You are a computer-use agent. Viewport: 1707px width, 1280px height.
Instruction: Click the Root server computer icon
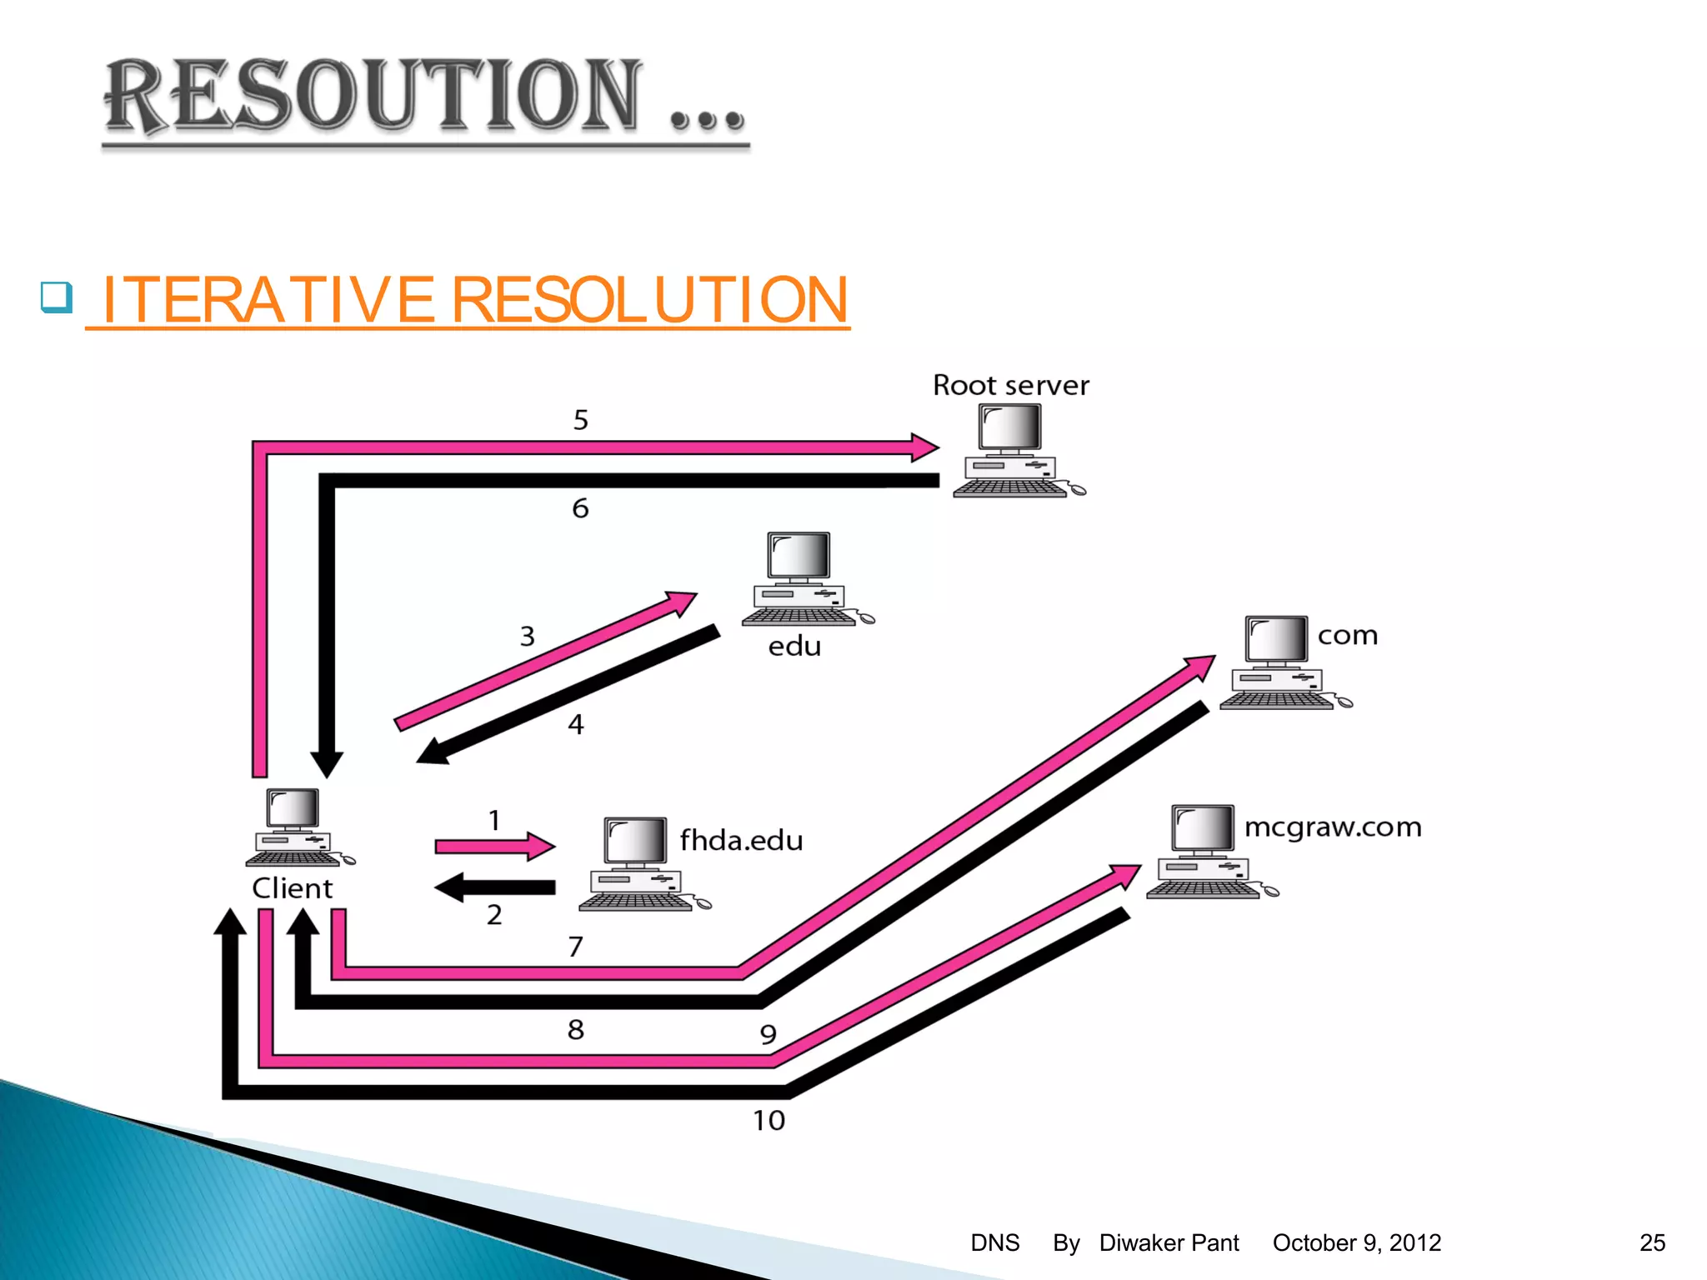click(x=1014, y=451)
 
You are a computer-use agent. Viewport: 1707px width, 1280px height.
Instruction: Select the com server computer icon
click(x=1279, y=662)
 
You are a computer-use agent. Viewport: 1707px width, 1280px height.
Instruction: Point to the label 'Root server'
click(x=1010, y=385)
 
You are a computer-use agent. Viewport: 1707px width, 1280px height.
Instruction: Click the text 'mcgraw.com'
click(x=1332, y=827)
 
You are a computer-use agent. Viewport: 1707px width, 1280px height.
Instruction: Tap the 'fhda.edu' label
click(x=740, y=840)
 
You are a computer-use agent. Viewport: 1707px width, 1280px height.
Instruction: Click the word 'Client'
click(x=292, y=888)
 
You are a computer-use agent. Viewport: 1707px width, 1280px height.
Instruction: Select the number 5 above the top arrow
click(x=580, y=420)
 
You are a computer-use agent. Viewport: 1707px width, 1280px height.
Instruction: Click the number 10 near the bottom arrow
click(x=768, y=1121)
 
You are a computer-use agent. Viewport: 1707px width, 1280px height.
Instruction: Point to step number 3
click(x=527, y=637)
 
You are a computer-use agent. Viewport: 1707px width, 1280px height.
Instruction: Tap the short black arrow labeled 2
click(x=495, y=887)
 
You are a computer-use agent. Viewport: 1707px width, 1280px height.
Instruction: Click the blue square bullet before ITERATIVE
click(x=57, y=297)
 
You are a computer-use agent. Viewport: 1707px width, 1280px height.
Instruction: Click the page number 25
click(x=1652, y=1242)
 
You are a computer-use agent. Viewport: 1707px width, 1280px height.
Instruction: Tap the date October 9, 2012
click(x=1356, y=1242)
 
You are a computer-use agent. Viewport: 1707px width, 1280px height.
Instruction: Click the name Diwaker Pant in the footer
click(x=1169, y=1242)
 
